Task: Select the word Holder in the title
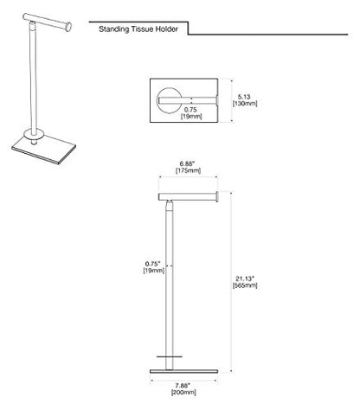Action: (167, 29)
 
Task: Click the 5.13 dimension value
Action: (244, 97)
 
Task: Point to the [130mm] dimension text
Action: (245, 103)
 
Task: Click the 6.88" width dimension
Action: (188, 163)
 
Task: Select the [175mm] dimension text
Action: (188, 170)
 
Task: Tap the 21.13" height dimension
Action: (245, 278)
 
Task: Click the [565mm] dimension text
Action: (245, 285)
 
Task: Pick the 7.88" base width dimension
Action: (183, 386)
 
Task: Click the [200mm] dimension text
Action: (183, 393)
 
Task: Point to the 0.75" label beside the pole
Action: (152, 264)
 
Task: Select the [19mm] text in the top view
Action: (191, 116)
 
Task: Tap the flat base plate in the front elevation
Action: (183, 371)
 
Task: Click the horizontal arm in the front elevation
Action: (188, 197)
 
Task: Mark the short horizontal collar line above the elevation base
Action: (170, 357)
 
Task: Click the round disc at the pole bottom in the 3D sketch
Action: (34, 134)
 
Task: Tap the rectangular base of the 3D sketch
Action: (44, 149)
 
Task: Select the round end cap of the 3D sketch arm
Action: (68, 27)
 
